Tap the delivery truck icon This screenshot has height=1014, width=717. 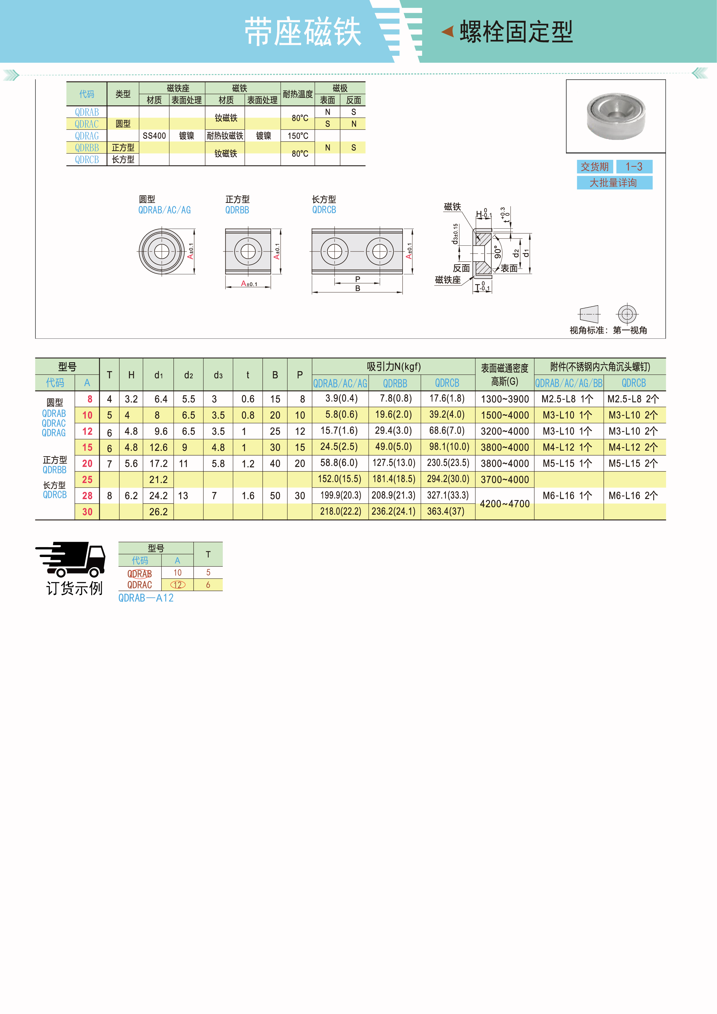pos(71,559)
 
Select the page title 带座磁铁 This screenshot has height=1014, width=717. pos(303,32)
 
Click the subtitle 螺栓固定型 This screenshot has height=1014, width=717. pos(516,32)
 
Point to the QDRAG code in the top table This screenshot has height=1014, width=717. pos(86,136)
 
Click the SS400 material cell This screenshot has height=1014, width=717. pos(154,136)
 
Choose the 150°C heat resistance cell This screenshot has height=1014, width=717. pos(298,136)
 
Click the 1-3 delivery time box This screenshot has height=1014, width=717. pos(634,166)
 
